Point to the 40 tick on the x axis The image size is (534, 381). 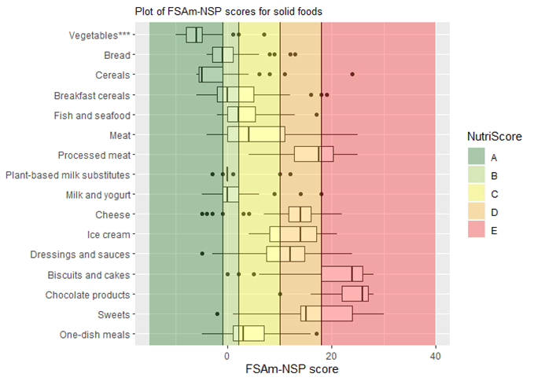[x=435, y=354]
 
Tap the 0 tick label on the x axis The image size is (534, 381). [x=227, y=354]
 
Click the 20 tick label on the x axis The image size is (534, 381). [x=331, y=354]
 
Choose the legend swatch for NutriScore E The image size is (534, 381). [x=477, y=228]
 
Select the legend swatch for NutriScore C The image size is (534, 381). [x=477, y=192]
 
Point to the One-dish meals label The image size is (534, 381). [x=95, y=335]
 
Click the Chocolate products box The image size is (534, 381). [x=355, y=294]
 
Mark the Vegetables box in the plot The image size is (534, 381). [x=194, y=35]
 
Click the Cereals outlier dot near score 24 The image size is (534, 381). [x=352, y=74]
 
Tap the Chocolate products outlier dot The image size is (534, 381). [x=280, y=295]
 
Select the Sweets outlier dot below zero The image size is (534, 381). [x=217, y=314]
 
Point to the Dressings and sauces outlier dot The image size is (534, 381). [x=202, y=254]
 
